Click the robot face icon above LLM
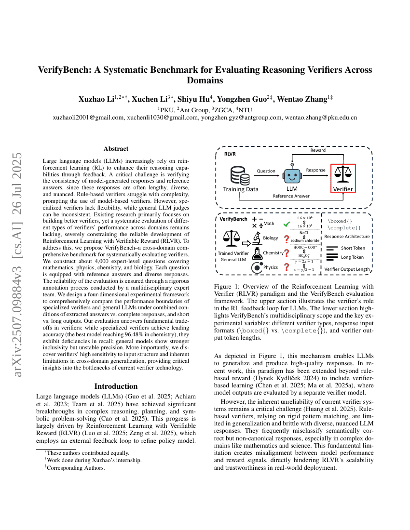(x=292, y=176)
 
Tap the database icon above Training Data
(x=240, y=175)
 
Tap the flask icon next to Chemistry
(x=255, y=253)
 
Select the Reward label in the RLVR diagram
(x=317, y=150)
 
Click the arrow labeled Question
(x=266, y=175)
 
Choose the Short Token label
(x=353, y=248)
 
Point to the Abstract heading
(x=116, y=149)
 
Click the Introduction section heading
(x=116, y=386)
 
